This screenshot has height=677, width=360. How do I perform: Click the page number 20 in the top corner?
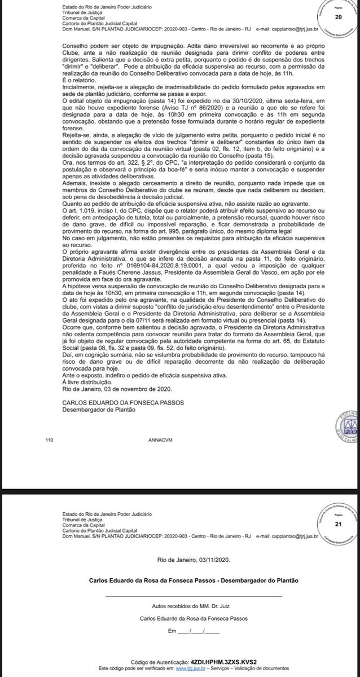(339, 17)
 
